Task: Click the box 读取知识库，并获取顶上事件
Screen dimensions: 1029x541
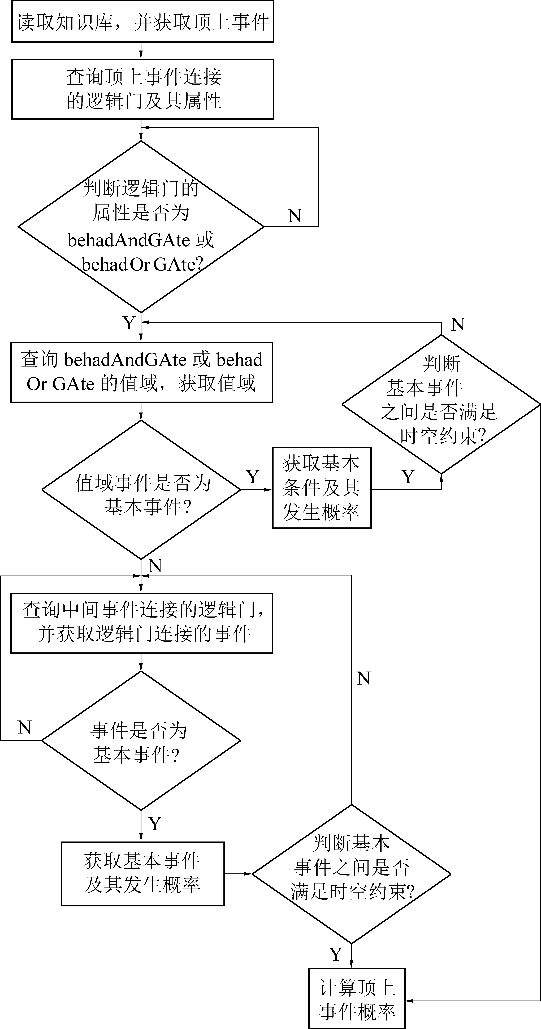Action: [x=142, y=22]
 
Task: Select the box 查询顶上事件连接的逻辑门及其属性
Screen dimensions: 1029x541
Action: [x=142, y=89]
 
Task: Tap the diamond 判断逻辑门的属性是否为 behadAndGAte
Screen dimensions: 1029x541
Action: [x=141, y=227]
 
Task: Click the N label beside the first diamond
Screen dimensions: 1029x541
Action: [x=295, y=216]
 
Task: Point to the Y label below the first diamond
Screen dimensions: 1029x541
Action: [x=129, y=323]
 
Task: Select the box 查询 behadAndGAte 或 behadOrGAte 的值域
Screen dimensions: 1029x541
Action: [x=141, y=372]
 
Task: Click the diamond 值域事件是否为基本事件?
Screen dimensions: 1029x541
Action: [x=141, y=490]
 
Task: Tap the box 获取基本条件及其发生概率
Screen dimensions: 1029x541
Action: [x=322, y=488]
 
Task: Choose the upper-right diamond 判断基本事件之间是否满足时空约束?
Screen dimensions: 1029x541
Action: [x=441, y=404]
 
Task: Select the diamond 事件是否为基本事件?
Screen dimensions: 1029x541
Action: [x=141, y=740]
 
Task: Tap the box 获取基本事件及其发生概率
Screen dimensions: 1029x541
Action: [x=142, y=874]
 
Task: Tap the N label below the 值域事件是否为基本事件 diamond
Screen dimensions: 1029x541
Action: [x=155, y=566]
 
